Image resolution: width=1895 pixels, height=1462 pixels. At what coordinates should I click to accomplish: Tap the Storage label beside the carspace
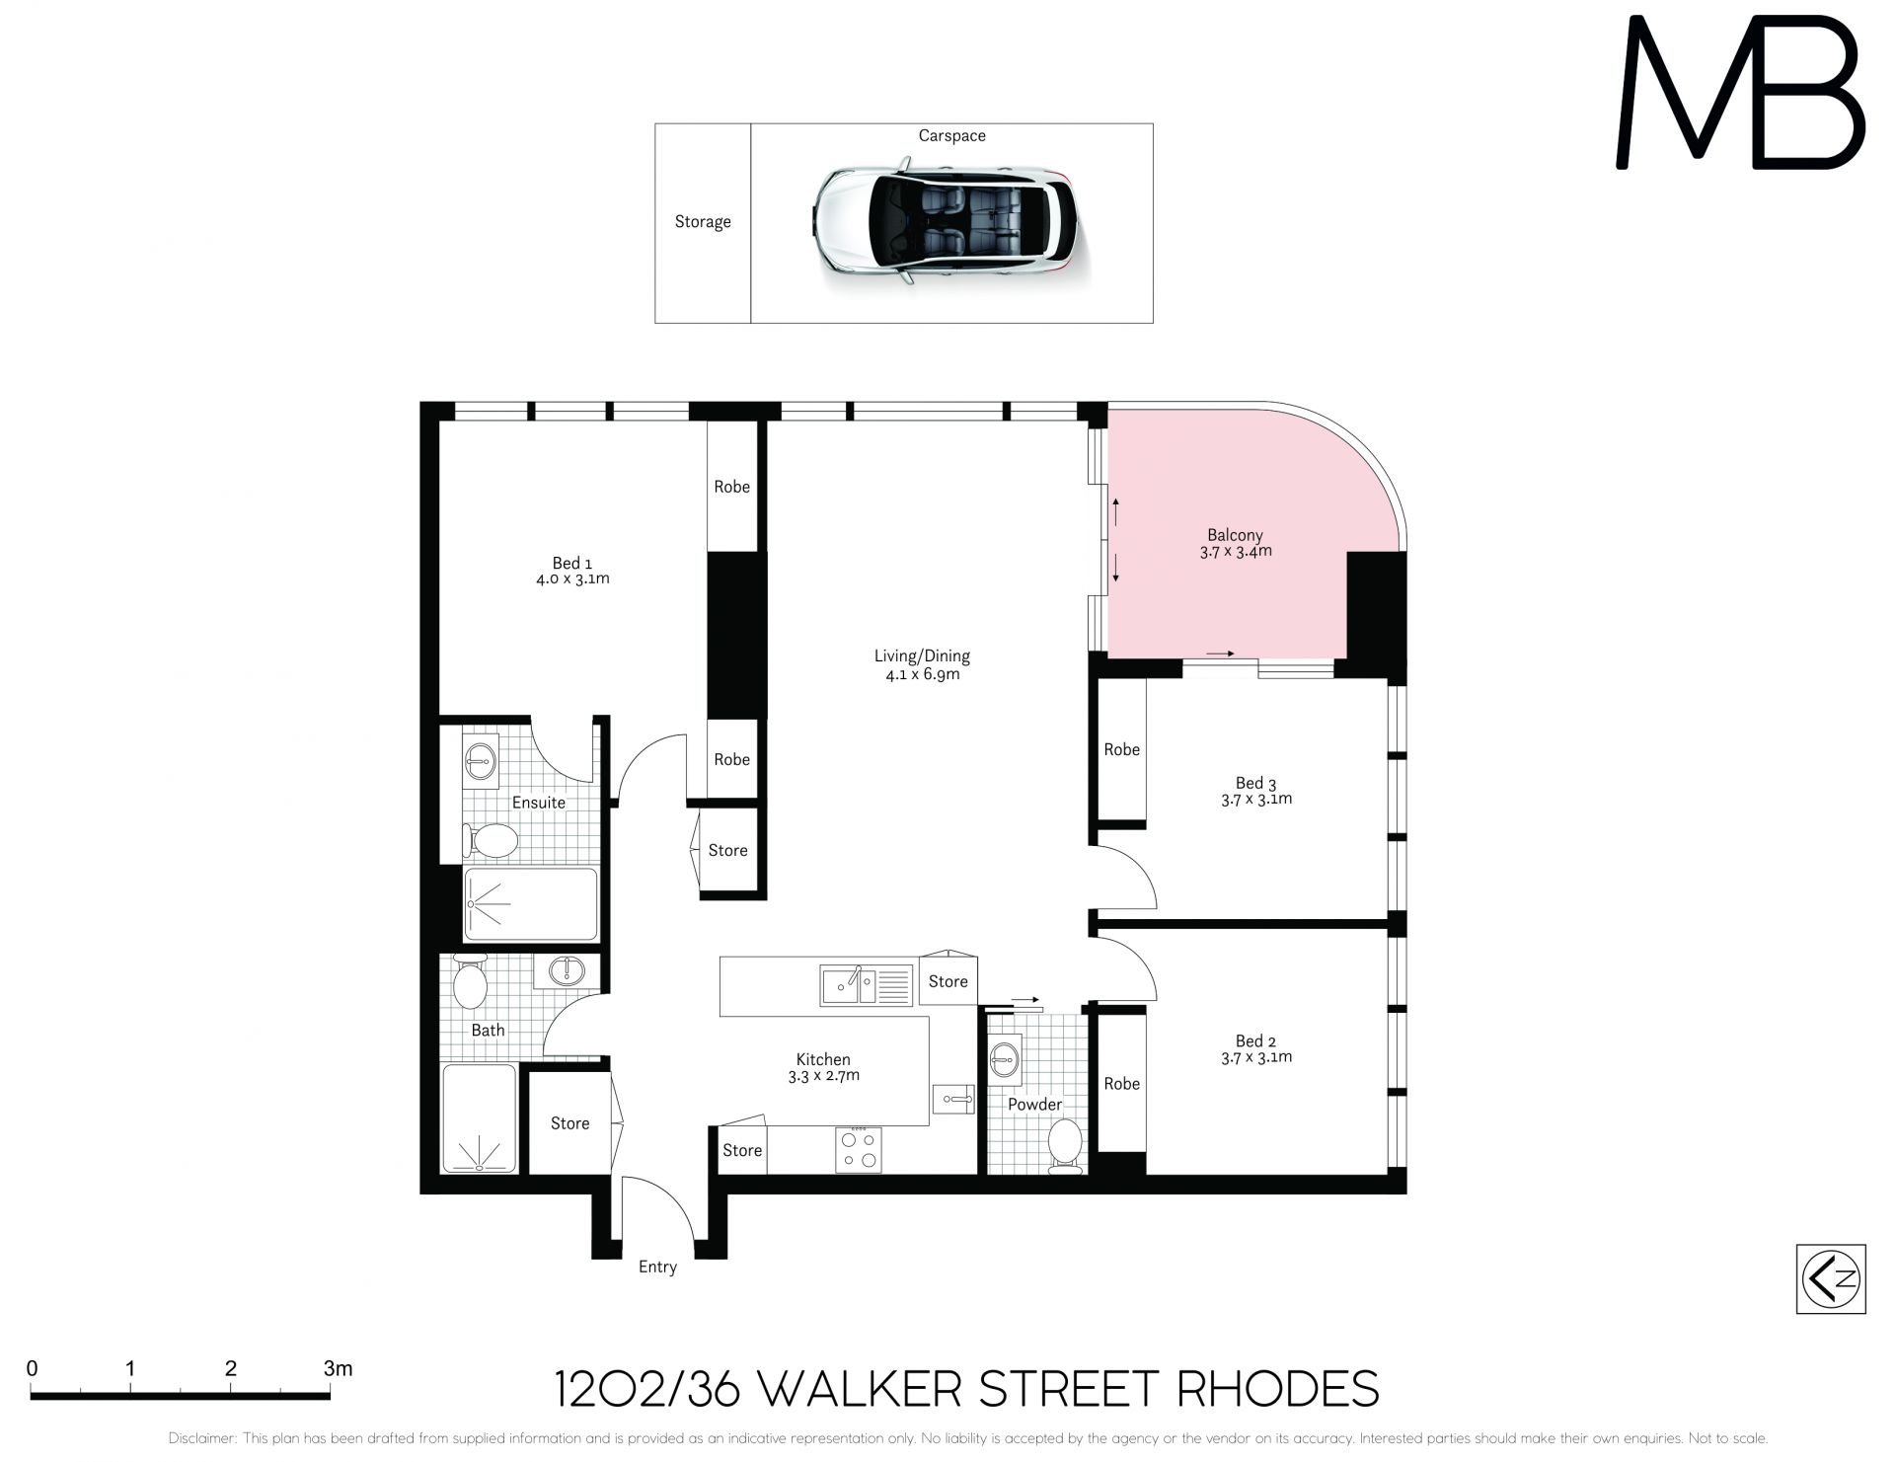tap(703, 222)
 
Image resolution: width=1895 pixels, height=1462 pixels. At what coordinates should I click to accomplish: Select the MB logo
tap(1740, 92)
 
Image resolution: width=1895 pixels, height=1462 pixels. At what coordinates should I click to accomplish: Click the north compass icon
tap(1831, 1278)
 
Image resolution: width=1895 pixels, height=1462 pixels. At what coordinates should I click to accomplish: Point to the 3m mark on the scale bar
tap(338, 1369)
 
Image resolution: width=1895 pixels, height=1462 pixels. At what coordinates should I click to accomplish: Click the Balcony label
tap(1235, 535)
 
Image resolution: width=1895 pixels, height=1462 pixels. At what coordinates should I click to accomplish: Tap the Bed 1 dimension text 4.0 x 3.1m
tap(572, 579)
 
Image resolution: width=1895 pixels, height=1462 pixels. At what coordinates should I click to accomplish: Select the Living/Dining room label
tap(922, 655)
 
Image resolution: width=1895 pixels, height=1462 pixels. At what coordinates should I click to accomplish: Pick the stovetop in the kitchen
tap(859, 1149)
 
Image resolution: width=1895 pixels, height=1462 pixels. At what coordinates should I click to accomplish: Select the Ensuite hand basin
tap(481, 761)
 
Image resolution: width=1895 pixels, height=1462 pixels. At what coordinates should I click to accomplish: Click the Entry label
tap(657, 1267)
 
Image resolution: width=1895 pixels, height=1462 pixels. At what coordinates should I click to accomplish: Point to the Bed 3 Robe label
tap(1122, 749)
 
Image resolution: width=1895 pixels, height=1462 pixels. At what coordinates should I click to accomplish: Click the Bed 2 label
tap(1255, 1040)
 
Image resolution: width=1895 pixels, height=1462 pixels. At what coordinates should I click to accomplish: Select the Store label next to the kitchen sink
tap(947, 981)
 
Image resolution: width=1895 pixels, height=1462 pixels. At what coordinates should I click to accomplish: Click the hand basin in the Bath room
tap(567, 971)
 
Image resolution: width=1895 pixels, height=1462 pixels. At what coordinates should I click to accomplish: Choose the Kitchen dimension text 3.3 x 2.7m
tap(823, 1076)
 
